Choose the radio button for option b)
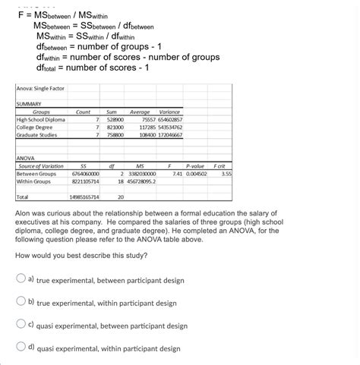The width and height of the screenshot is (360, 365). (x=21, y=301)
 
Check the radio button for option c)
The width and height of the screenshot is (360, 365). (x=21, y=325)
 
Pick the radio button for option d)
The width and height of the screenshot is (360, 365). (x=21, y=348)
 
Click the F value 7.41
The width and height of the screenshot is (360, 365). (x=176, y=173)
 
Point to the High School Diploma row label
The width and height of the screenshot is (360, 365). (x=41, y=120)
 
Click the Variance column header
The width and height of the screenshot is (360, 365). (x=169, y=112)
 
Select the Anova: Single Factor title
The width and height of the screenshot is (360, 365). (x=40, y=89)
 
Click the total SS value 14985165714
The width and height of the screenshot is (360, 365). (x=84, y=197)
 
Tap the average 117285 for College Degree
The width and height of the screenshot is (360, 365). (x=143, y=127)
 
